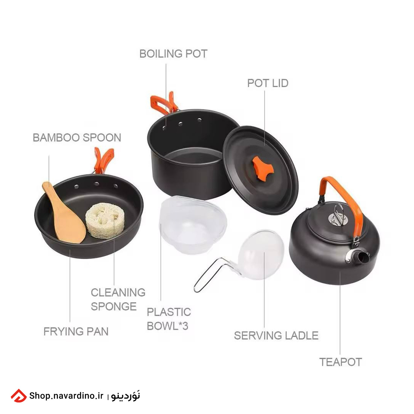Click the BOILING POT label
tap(173, 54)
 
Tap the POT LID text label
tap(268, 84)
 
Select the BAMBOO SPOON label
tap(77, 138)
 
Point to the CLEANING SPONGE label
tap(118, 299)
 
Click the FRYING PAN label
tap(76, 332)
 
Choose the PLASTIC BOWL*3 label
tap(169, 319)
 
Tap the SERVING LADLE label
tap(276, 336)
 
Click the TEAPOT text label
tap(341, 362)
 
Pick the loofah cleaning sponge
tap(105, 220)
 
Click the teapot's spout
tap(360, 258)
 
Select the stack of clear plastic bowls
tap(193, 224)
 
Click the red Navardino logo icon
tap(18, 396)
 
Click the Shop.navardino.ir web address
tap(66, 396)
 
